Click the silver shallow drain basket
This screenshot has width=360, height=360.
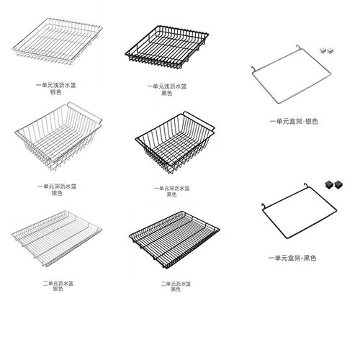pyautogui.click(x=57, y=41)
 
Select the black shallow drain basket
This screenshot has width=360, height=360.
pyautogui.click(x=167, y=47)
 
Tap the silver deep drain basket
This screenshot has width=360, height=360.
pyautogui.click(x=58, y=136)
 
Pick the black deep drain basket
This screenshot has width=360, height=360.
pyautogui.click(x=175, y=143)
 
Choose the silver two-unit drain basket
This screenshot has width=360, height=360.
pyautogui.click(x=57, y=238)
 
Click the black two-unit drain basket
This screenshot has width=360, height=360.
pyautogui.click(x=174, y=240)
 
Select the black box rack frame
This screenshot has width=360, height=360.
pyautogui.click(x=300, y=211)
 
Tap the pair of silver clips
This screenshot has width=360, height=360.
pyautogui.click(x=326, y=50)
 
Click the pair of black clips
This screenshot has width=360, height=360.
pyautogui.click(x=333, y=184)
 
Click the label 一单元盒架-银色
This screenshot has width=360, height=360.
pyautogui.click(x=294, y=122)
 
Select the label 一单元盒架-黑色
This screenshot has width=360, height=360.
pyautogui.click(x=292, y=258)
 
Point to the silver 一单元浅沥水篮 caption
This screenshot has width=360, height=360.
pyautogui.click(x=55, y=89)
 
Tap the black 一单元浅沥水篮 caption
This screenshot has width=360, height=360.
pyautogui.click(x=167, y=89)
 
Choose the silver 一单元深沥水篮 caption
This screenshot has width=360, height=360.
pyautogui.click(x=57, y=189)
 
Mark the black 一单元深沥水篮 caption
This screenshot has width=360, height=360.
pyautogui.click(x=172, y=192)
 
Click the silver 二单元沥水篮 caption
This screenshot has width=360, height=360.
pyautogui.click(x=58, y=286)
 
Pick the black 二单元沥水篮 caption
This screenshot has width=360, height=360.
pyautogui.click(x=176, y=287)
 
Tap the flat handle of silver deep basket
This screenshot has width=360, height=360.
pyautogui.click(x=84, y=112)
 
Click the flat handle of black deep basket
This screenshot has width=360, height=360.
pyautogui.click(x=199, y=121)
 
